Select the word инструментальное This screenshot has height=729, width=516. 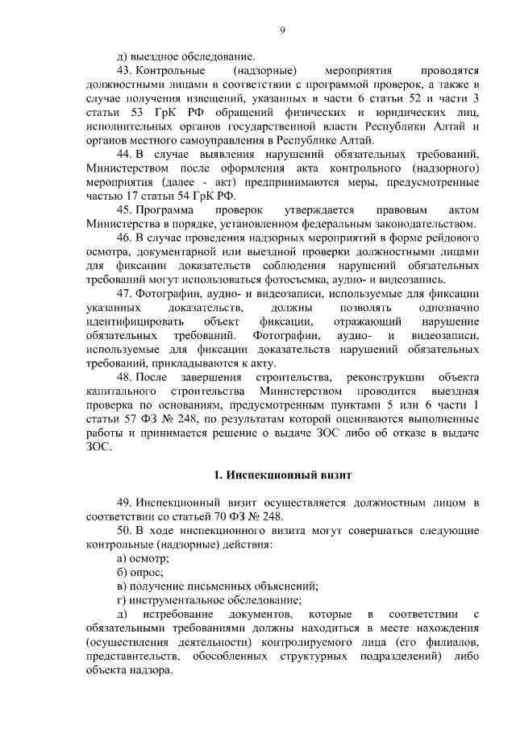(177, 600)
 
